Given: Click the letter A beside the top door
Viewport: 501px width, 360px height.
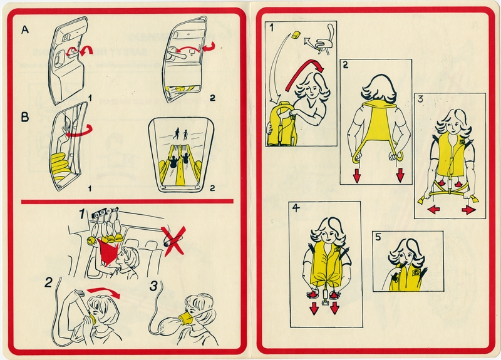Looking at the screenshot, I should point(25,30).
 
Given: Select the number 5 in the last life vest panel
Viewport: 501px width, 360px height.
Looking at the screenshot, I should point(378,238).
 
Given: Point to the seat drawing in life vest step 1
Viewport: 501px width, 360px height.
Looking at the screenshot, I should point(323,40).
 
